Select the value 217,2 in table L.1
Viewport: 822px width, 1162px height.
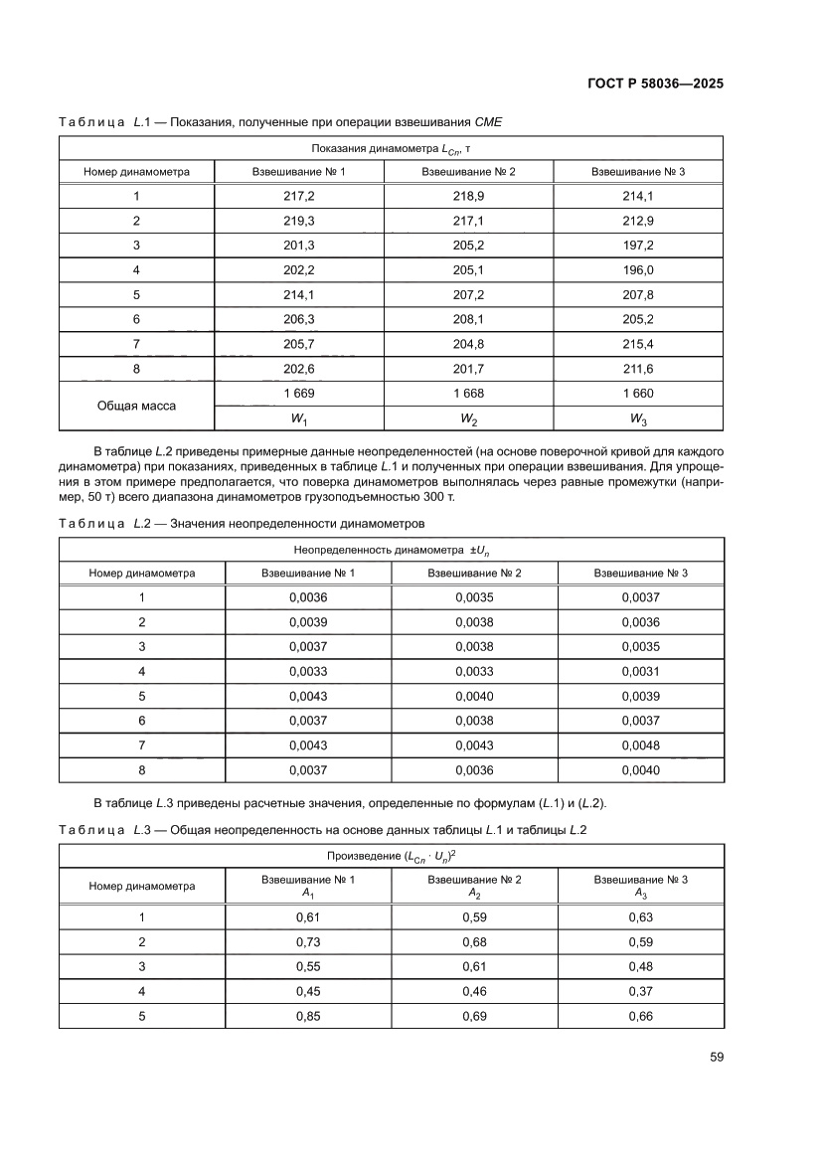pyautogui.click(x=299, y=196)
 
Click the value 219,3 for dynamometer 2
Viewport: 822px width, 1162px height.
pyautogui.click(x=299, y=221)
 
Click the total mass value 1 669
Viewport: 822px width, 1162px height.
pyautogui.click(x=299, y=393)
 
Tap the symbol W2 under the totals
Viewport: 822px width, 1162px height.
pyautogui.click(x=469, y=418)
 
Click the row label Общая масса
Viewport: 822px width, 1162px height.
pyautogui.click(x=136, y=406)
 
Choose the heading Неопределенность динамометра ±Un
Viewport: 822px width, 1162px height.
pyautogui.click(x=391, y=550)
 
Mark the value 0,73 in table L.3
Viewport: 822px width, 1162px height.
pyautogui.click(x=307, y=941)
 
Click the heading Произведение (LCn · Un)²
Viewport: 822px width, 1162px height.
pyautogui.click(x=391, y=856)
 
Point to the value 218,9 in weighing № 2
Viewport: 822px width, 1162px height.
pyautogui.click(x=469, y=196)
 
